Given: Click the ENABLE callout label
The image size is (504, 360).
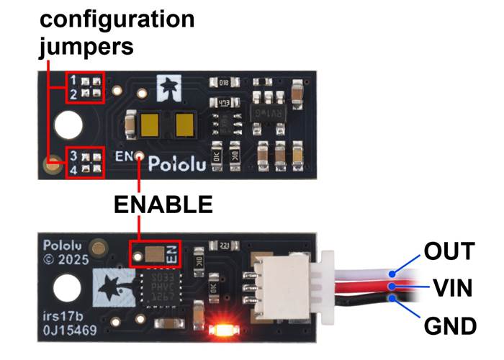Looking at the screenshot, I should (163, 204).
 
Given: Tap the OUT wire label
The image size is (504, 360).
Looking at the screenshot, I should (449, 251).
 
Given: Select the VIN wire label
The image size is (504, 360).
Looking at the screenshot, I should (452, 289).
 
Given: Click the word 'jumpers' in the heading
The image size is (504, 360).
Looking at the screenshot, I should (86, 47).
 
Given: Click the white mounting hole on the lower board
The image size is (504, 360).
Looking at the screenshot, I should (67, 291).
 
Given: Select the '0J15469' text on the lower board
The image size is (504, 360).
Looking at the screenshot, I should (71, 332).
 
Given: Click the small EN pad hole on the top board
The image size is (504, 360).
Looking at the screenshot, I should (140, 154).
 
